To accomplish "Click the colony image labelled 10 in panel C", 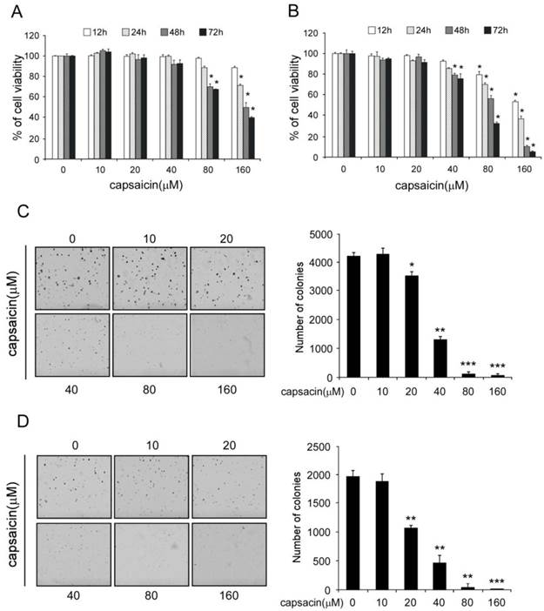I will pos(149,277).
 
